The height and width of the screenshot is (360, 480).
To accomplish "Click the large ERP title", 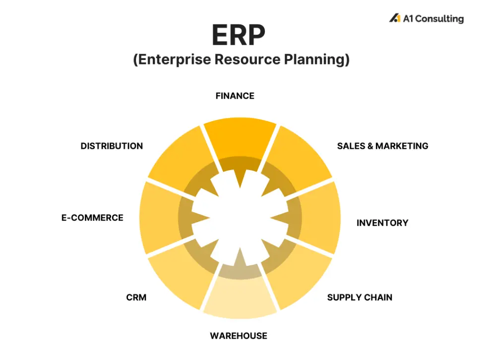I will tap(239, 35).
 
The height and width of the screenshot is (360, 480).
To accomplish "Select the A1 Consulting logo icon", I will tap(395, 18).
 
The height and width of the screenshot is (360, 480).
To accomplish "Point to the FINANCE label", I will tap(235, 96).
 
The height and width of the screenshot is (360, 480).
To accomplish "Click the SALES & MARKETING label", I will tap(382, 146).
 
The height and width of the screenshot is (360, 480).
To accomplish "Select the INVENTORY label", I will tap(382, 223).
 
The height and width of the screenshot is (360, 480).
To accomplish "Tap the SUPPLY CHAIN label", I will tap(360, 298).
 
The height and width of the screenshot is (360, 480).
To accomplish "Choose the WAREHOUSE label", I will tap(239, 336).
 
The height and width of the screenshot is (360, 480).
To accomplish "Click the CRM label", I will tap(136, 298).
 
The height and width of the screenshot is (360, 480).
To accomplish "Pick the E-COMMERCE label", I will tap(92, 218).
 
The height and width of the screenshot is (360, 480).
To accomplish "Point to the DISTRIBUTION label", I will tap(112, 146).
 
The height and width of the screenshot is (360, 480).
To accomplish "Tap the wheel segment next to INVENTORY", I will tap(320, 218).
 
